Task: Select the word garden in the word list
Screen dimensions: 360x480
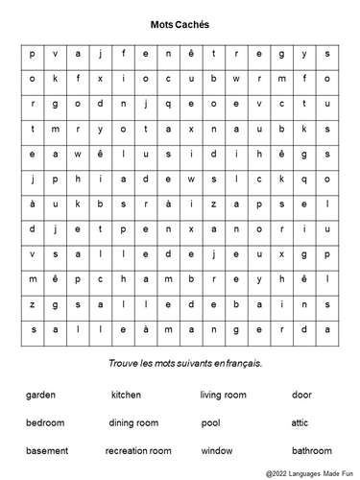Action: click(41, 395)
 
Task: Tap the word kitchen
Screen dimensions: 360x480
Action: click(126, 395)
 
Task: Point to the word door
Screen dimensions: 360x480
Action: click(302, 395)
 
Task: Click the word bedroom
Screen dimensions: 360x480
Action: click(46, 422)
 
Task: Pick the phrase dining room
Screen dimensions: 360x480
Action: click(133, 422)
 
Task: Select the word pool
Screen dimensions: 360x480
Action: click(211, 422)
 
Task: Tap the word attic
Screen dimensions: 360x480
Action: click(301, 422)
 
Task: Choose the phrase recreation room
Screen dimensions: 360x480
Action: click(138, 450)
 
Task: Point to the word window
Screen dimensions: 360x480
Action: click(217, 450)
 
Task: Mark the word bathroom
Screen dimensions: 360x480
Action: click(312, 450)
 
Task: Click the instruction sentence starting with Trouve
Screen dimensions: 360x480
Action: click(180, 364)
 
